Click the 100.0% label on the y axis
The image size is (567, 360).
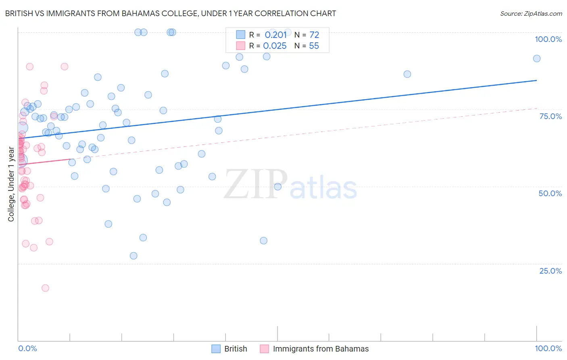(548, 39)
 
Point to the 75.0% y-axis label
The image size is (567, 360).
(550, 116)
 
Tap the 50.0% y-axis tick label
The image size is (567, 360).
(550, 193)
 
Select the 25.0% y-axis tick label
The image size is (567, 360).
(550, 271)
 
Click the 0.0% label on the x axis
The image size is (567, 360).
(27, 348)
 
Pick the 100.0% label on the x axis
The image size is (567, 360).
(548, 348)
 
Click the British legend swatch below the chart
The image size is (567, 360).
(216, 349)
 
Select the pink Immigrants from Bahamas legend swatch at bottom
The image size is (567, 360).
(264, 349)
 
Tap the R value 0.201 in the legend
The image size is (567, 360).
(275, 35)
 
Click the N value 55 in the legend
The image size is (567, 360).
(314, 46)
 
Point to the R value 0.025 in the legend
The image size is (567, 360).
(275, 46)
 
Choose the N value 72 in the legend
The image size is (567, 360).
(314, 35)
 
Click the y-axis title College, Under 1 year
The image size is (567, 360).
(11, 184)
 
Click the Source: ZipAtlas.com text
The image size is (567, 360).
(531, 13)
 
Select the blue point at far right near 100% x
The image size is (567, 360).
(536, 59)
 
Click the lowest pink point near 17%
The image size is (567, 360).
(45, 288)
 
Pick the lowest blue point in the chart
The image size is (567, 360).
(133, 256)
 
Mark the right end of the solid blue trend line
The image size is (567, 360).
(536, 80)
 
